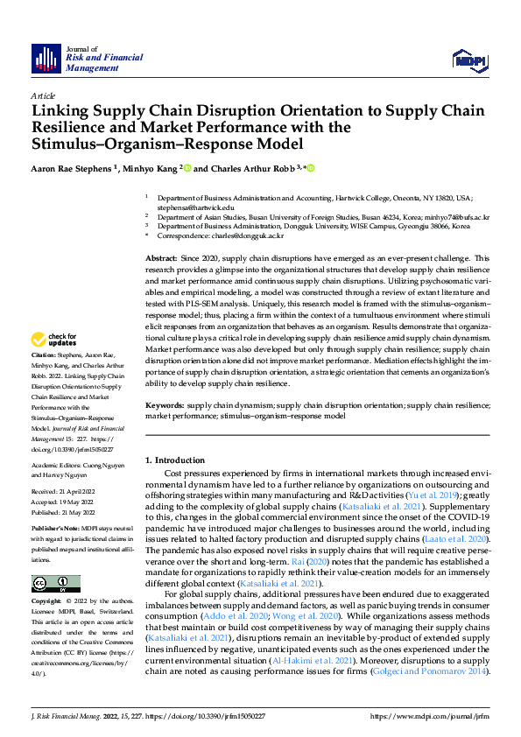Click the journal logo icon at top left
46,58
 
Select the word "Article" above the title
42,95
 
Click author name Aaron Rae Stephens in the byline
72,168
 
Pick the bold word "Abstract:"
161,259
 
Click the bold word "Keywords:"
164,406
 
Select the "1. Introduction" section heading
173,460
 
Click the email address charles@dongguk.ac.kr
251,236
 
